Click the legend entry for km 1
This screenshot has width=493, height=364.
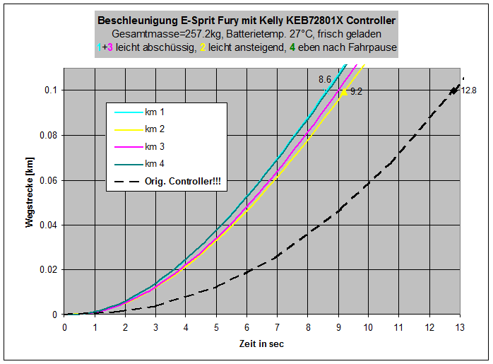point(155,112)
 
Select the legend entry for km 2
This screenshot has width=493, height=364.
point(155,129)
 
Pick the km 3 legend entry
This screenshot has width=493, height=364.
point(155,146)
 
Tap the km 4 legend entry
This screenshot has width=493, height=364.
point(155,164)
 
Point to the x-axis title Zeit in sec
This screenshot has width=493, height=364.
point(261,344)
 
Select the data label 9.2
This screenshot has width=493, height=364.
point(356,91)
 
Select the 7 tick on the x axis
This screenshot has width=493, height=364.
point(277,326)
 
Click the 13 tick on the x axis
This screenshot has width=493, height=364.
point(460,326)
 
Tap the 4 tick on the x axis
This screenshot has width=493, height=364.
point(186,326)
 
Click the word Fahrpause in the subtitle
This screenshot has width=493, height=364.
point(374,47)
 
